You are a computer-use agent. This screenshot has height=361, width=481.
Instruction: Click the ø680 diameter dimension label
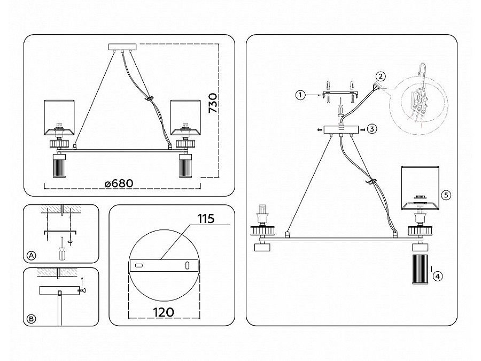[119, 183]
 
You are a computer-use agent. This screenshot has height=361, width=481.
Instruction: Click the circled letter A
[32, 256]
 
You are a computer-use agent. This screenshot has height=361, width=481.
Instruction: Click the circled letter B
[32, 319]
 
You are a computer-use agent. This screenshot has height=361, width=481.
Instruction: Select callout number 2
[380, 75]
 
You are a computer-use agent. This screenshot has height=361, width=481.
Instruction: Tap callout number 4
[438, 276]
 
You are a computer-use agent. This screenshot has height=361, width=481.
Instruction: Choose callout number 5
[447, 195]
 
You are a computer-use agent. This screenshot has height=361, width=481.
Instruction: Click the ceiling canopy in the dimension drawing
[123, 47]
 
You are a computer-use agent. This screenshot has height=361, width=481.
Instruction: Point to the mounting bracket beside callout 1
[339, 94]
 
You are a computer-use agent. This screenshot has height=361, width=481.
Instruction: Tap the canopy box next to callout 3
[340, 129]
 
